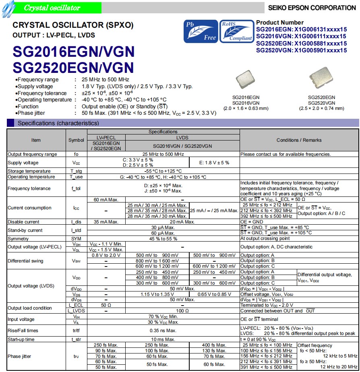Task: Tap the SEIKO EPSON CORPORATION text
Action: [x=312, y=8]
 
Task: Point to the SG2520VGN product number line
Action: [x=301, y=50]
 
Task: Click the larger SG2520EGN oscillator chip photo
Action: [x=321, y=79]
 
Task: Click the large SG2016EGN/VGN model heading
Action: [x=74, y=52]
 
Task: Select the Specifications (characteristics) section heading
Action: [x=58, y=123]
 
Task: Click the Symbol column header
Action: [x=76, y=140]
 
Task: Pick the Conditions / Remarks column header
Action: [x=299, y=140]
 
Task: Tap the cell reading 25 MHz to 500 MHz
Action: [x=163, y=154]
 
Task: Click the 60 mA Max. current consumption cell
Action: [x=106, y=200]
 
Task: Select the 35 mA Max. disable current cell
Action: [x=106, y=222]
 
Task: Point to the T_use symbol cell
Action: [x=76, y=177]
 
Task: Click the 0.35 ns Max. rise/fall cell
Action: [x=163, y=331]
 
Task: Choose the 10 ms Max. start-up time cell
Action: [x=163, y=339]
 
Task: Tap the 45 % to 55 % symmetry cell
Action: [x=163, y=239]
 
